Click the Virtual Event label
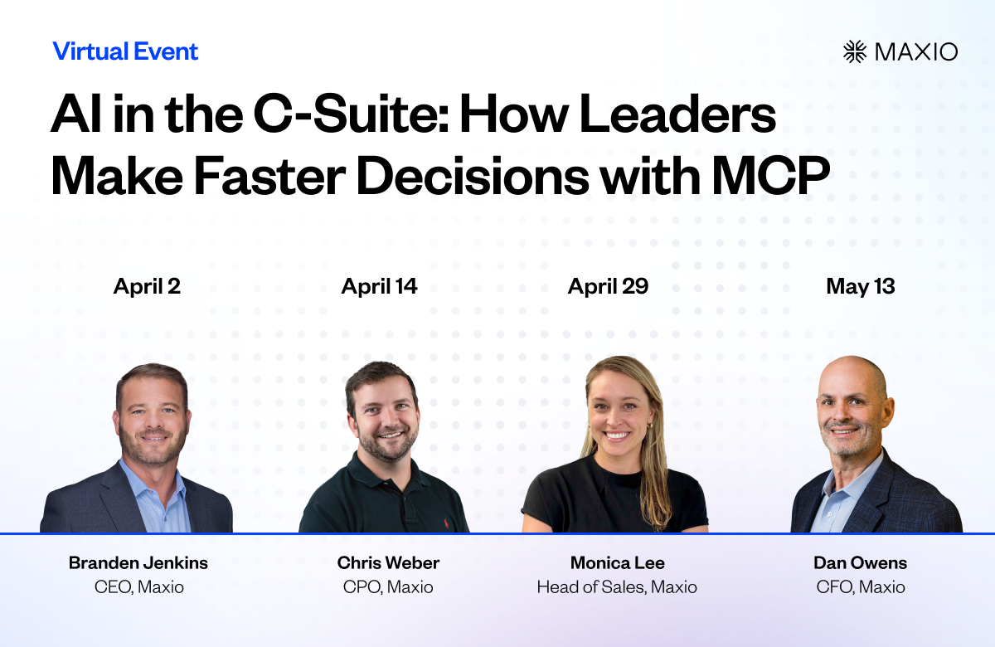coord(125,51)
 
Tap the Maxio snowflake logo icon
coord(855,51)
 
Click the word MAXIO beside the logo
coord(916,52)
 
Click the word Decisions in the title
coord(472,176)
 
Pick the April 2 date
coord(147,287)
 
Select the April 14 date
coord(380,287)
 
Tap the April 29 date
coord(608,287)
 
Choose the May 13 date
coord(861,287)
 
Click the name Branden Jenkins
coord(138,563)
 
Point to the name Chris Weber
coord(388,563)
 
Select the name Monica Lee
coord(618,563)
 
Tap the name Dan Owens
coord(861,563)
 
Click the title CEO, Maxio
coord(139,587)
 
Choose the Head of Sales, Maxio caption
coord(617,587)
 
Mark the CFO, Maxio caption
coord(861,587)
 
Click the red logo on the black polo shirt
coord(445,523)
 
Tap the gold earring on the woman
coord(650,426)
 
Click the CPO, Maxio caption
coord(388,587)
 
